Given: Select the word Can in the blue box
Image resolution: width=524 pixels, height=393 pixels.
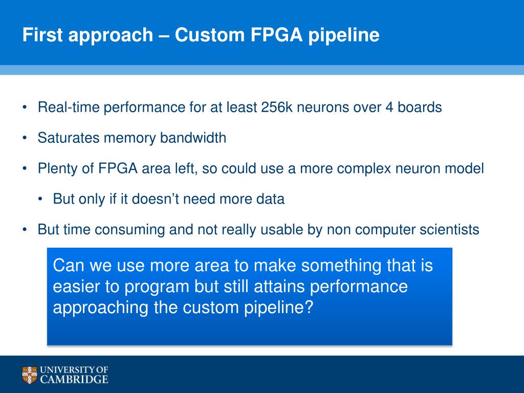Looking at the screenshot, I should tap(68, 266).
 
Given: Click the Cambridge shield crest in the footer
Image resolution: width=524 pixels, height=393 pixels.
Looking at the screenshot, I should tap(30, 375).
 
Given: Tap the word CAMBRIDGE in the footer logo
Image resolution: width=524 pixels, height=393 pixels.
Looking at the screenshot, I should tap(74, 379).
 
